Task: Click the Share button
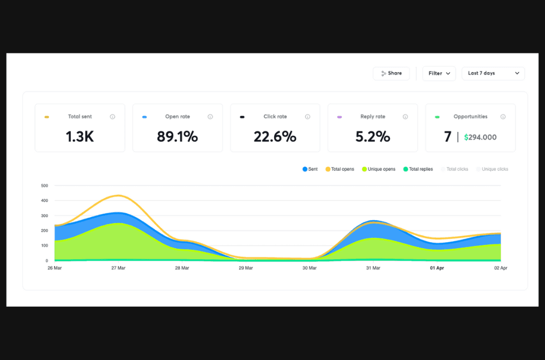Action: [x=391, y=73]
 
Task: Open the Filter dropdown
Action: [x=439, y=73]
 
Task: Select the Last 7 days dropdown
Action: [x=493, y=73]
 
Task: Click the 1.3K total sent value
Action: [x=80, y=136]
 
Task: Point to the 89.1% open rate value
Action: [x=177, y=136]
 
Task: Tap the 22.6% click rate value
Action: [x=275, y=136]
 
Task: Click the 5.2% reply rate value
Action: [x=373, y=136]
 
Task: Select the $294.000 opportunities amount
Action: [x=480, y=137]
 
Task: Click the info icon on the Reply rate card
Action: [x=405, y=117]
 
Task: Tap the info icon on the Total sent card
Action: [x=112, y=117]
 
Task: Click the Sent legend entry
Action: [x=310, y=169]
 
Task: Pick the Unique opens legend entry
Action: [x=378, y=169]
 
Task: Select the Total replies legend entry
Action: [x=418, y=169]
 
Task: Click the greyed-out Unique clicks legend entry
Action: [x=492, y=169]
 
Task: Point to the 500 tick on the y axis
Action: [x=45, y=185]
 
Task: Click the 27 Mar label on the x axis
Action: [x=118, y=268]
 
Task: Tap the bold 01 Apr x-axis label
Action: [x=437, y=268]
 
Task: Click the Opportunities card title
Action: [x=470, y=117]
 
